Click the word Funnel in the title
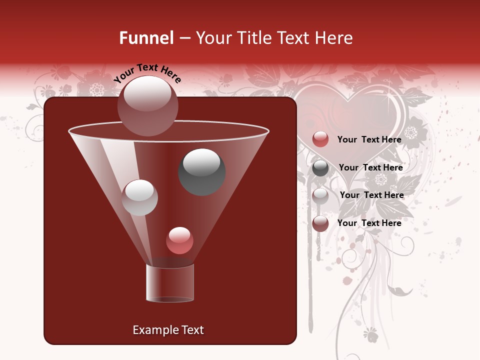[146, 38]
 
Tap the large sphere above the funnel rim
[147, 105]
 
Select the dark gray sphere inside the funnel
[201, 172]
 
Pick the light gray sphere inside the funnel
[139, 197]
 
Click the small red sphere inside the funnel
[179, 240]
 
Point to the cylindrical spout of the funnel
[169, 283]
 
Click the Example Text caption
[168, 330]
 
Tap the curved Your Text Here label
[147, 73]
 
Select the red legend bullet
[320, 139]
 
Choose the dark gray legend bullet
[320, 168]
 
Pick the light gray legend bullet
[320, 196]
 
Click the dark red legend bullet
[320, 223]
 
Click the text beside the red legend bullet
[369, 139]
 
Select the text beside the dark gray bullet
[370, 167]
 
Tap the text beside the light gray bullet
[371, 195]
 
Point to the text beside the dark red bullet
[369, 223]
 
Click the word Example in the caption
[151, 330]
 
